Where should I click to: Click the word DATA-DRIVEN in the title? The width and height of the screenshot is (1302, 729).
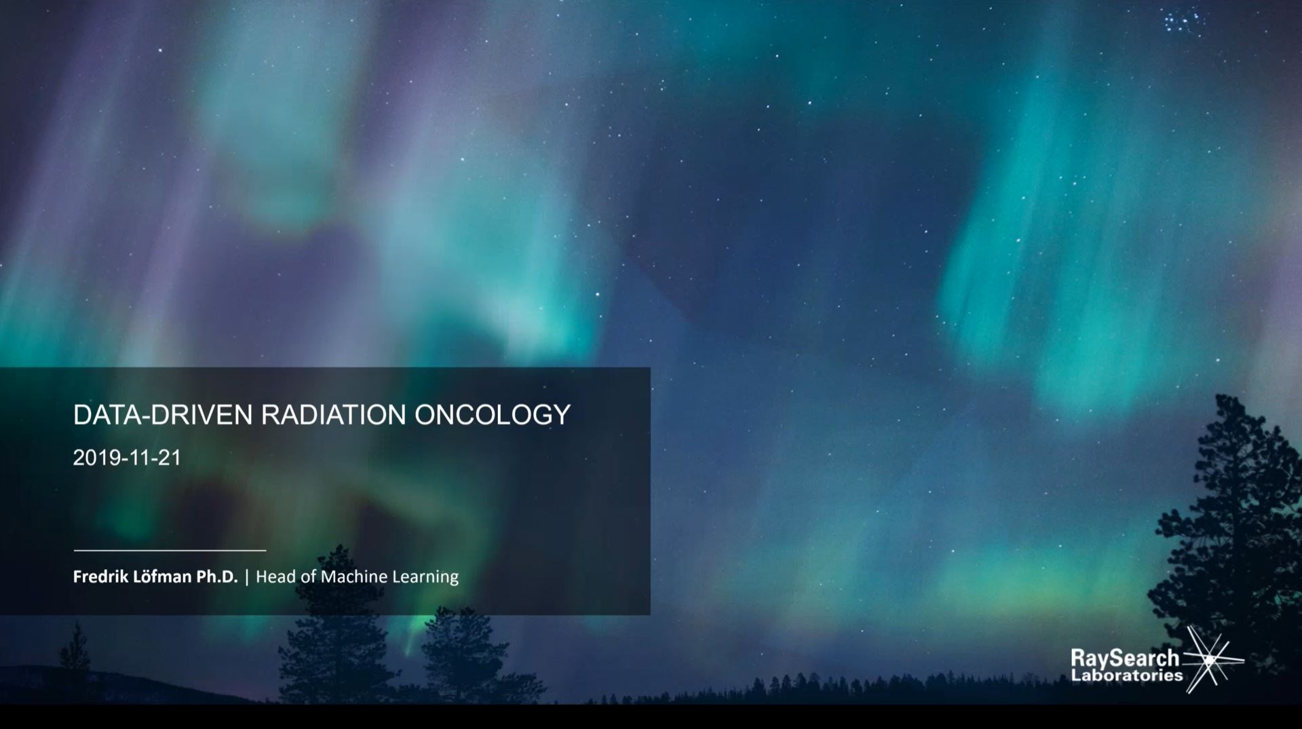[x=163, y=415]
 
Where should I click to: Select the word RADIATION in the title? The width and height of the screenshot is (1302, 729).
[x=334, y=415]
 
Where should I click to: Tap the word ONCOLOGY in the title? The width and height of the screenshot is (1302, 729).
[x=493, y=415]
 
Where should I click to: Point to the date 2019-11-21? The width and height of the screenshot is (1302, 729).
[x=127, y=458]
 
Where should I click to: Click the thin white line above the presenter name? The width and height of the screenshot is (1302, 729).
[x=170, y=550]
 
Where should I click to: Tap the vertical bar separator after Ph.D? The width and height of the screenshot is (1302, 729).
[x=247, y=577]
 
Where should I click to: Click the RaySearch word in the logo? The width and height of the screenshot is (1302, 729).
[x=1125, y=658]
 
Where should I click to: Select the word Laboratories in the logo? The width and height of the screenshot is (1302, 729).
[x=1127, y=675]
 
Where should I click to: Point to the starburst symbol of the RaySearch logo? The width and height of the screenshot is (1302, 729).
[x=1211, y=659]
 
